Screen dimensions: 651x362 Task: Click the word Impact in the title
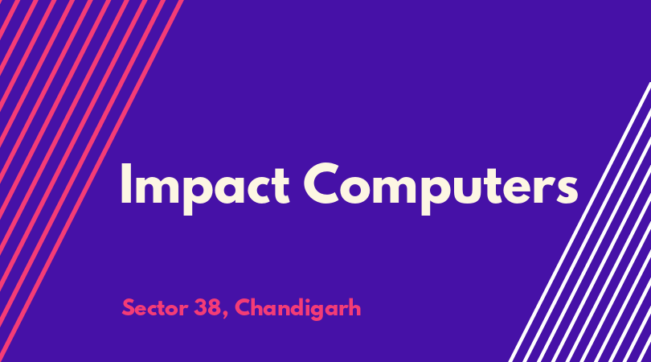[205, 188]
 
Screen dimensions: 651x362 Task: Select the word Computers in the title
[440, 188]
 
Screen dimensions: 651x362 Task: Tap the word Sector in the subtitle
[155, 308]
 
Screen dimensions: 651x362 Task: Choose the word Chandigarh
[297, 309]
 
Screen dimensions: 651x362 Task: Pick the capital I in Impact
[125, 183]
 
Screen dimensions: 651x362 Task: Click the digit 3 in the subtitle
[199, 307]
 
